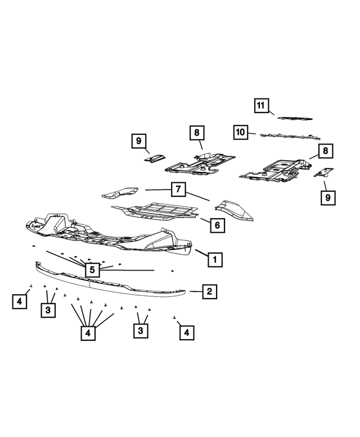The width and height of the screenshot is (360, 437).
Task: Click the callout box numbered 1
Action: click(x=214, y=259)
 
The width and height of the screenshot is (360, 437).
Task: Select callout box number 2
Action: click(x=209, y=291)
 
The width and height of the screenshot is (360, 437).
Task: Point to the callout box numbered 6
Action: click(x=217, y=226)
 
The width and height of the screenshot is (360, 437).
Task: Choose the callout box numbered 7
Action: click(x=177, y=190)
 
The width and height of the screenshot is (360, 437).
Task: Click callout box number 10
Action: click(x=241, y=132)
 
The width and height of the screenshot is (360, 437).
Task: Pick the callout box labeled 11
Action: click(x=260, y=105)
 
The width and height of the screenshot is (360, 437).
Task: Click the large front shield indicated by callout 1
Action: click(x=107, y=233)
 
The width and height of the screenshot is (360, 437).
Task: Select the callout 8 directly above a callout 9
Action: click(x=325, y=151)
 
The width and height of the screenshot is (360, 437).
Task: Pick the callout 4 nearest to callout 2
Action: click(x=186, y=333)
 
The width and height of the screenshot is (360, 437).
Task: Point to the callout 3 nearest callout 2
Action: click(x=140, y=331)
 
